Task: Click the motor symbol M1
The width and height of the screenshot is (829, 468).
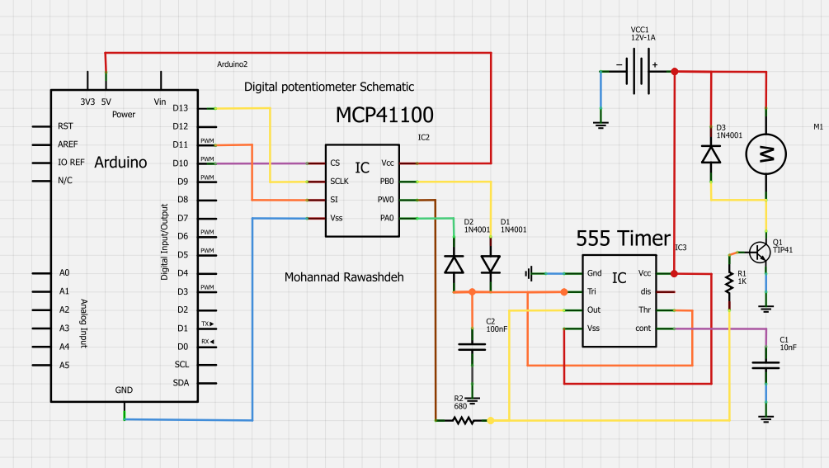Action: click(x=766, y=154)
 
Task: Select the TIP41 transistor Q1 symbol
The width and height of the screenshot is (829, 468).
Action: click(x=761, y=250)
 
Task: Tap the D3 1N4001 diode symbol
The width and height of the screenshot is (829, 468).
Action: click(x=710, y=154)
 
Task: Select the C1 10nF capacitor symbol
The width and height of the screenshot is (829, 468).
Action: click(x=767, y=365)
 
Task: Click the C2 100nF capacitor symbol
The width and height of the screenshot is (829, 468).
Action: click(x=472, y=347)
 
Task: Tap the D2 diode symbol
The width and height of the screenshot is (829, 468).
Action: click(x=454, y=264)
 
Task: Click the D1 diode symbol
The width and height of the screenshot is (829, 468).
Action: click(x=491, y=264)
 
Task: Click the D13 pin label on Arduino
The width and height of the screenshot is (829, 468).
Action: click(x=181, y=108)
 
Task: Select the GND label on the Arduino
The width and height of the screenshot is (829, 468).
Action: click(x=124, y=390)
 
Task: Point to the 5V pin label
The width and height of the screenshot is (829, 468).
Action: click(x=106, y=102)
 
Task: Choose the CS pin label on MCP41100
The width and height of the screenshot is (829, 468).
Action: click(x=335, y=163)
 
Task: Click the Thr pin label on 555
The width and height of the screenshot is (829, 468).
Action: click(x=644, y=310)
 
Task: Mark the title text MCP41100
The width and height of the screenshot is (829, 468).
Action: click(x=384, y=115)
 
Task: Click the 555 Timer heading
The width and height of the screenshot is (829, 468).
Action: click(x=623, y=239)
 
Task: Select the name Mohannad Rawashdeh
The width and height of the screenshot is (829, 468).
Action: click(x=344, y=277)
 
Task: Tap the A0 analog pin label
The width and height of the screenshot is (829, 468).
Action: click(x=64, y=273)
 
